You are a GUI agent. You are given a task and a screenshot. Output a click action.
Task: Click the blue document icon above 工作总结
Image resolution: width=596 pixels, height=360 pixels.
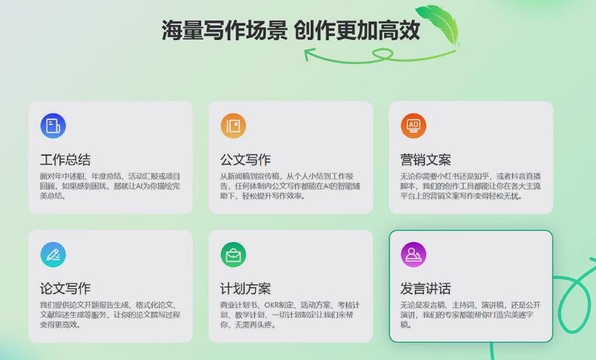[x=54, y=126]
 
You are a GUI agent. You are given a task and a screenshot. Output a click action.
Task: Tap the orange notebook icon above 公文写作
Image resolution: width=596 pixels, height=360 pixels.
[x=233, y=126]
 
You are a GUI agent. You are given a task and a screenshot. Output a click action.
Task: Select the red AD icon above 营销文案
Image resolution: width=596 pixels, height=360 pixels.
[x=413, y=126]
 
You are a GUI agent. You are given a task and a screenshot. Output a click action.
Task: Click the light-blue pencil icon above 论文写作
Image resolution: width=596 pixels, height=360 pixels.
[x=54, y=254]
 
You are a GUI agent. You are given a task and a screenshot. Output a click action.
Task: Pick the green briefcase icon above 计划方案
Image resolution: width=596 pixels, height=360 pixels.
[x=233, y=254]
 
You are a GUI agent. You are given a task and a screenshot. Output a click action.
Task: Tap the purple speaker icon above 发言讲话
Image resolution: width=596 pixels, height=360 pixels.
[x=413, y=254]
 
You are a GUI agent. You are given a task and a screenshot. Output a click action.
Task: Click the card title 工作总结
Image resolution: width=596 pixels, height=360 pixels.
[x=66, y=160]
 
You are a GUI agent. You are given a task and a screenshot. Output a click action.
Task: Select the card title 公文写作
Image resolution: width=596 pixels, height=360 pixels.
[x=245, y=160]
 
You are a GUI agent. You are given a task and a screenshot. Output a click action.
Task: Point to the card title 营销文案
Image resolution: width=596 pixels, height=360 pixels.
[x=425, y=160]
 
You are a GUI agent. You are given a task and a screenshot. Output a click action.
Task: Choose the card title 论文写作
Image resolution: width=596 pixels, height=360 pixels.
[x=66, y=288]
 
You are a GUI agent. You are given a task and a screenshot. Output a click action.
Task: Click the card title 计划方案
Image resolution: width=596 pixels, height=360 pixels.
[x=245, y=288]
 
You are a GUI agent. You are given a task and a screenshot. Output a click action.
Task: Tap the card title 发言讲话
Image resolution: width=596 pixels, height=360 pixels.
[x=425, y=288]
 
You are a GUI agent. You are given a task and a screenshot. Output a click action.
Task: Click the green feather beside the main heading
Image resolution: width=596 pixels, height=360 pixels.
[x=439, y=25]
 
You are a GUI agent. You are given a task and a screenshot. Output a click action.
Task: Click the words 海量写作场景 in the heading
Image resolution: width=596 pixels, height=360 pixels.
[x=225, y=30]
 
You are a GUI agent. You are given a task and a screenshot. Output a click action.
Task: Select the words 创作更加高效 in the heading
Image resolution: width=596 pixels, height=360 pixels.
[x=358, y=30]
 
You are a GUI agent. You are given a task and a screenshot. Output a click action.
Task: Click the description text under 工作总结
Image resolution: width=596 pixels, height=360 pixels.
[x=110, y=186]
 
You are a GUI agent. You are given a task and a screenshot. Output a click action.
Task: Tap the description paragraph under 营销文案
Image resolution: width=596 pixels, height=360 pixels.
[x=470, y=186]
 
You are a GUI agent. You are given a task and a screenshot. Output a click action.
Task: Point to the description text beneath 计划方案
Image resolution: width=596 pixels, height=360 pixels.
[x=290, y=315]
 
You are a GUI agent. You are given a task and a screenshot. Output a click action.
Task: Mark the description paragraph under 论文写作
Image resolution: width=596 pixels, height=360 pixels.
[x=110, y=315]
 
